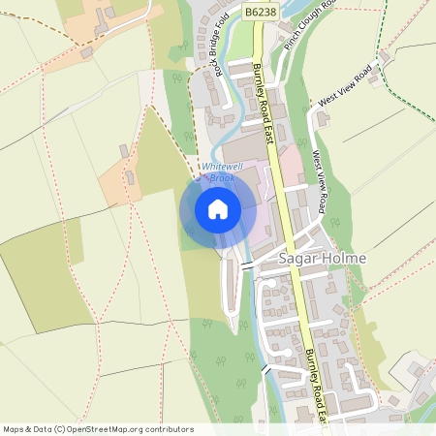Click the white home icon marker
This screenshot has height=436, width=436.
pos(217,208)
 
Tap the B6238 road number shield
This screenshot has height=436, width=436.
pos(259,10)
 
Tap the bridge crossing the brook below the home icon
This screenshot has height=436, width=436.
pos(246,265)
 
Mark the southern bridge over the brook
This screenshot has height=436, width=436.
pos(264,368)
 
